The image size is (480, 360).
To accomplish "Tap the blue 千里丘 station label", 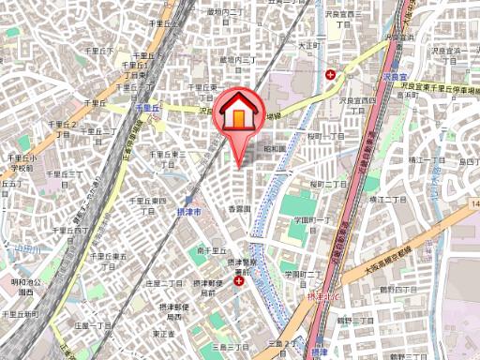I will point(149,109).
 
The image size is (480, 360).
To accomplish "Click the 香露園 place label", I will point(241,208).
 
